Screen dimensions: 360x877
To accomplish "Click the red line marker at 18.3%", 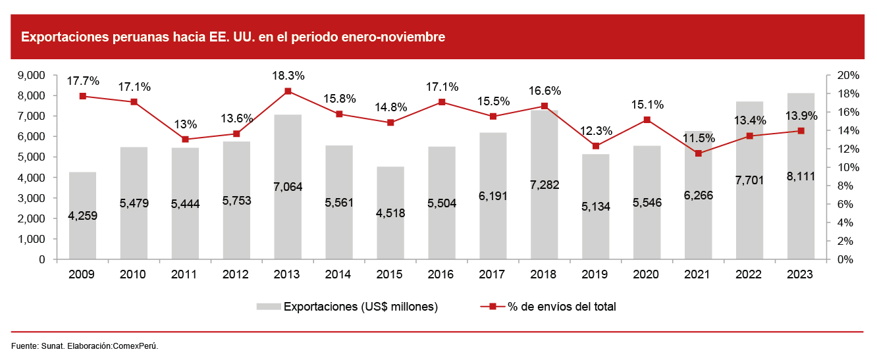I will (x=288, y=91).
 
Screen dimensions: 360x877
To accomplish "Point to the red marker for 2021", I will (x=698, y=153).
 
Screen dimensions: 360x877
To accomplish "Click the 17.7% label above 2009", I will (x=83, y=81).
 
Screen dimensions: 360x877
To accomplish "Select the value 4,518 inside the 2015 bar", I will (x=390, y=213).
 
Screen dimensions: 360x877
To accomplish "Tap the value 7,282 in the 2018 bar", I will (x=545, y=184).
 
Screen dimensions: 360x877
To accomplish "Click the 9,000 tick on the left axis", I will (x=32, y=75).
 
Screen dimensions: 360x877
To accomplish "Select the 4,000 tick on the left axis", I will (x=32, y=178).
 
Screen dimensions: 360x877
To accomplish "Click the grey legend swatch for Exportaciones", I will (x=268, y=307).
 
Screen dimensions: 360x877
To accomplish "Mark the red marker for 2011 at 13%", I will (x=185, y=140).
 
